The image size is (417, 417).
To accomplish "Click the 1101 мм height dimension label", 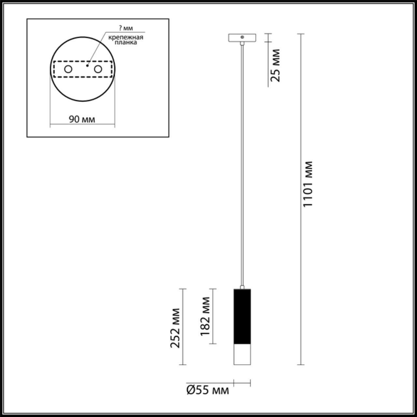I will pyautogui.click(x=308, y=184).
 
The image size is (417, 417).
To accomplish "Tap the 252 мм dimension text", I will pyautogui.click(x=176, y=328).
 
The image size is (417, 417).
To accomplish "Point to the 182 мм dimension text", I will pyautogui.click(x=205, y=316).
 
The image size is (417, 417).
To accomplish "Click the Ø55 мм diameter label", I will pyautogui.click(x=208, y=390).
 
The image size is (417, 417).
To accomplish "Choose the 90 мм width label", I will pyautogui.click(x=82, y=119).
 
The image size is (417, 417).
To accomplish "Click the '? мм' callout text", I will pyautogui.click(x=126, y=28).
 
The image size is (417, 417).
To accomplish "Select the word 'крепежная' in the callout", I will pyautogui.click(x=126, y=37).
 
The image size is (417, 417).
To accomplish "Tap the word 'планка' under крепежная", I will pyautogui.click(x=126, y=42).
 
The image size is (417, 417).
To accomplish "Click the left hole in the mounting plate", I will pyautogui.click(x=68, y=69).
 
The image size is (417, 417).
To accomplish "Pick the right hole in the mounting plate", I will pyautogui.click(x=97, y=69).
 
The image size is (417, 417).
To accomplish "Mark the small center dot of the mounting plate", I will pyautogui.click(x=87, y=66).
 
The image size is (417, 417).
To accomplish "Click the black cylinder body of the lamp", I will pyautogui.click(x=242, y=316).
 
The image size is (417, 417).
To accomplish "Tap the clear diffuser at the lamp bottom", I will pyautogui.click(x=242, y=354).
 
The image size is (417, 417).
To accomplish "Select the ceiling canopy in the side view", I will pyautogui.click(x=242, y=38).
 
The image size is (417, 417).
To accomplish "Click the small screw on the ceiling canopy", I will pyautogui.click(x=242, y=37).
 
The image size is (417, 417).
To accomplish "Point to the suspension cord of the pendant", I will pyautogui.click(x=242, y=163).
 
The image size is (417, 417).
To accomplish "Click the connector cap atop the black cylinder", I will pyautogui.click(x=242, y=287).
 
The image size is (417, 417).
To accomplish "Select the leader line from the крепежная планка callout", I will pyautogui.click(x=96, y=49).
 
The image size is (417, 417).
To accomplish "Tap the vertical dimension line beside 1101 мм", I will pyautogui.click(x=301, y=261).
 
